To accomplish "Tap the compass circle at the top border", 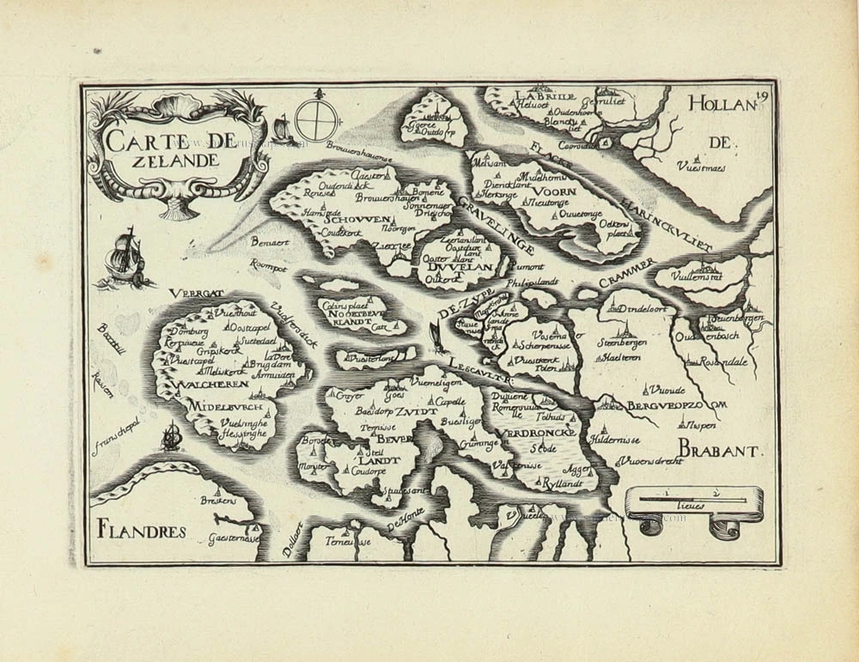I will pos(312,119).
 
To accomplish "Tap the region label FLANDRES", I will pos(142,531).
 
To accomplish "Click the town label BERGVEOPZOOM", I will pos(677,405).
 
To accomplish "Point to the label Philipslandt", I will pos(533,281).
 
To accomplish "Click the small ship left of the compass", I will pos(280,131).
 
